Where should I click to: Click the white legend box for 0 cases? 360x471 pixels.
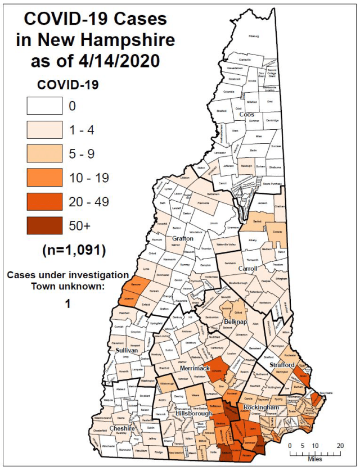(x=44, y=106)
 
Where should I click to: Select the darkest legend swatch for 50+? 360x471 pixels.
(x=44, y=226)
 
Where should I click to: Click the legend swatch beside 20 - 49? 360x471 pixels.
(x=44, y=202)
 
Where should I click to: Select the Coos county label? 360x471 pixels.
(x=246, y=115)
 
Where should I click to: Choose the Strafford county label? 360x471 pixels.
(x=282, y=365)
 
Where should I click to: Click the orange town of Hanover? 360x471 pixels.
(x=130, y=286)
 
